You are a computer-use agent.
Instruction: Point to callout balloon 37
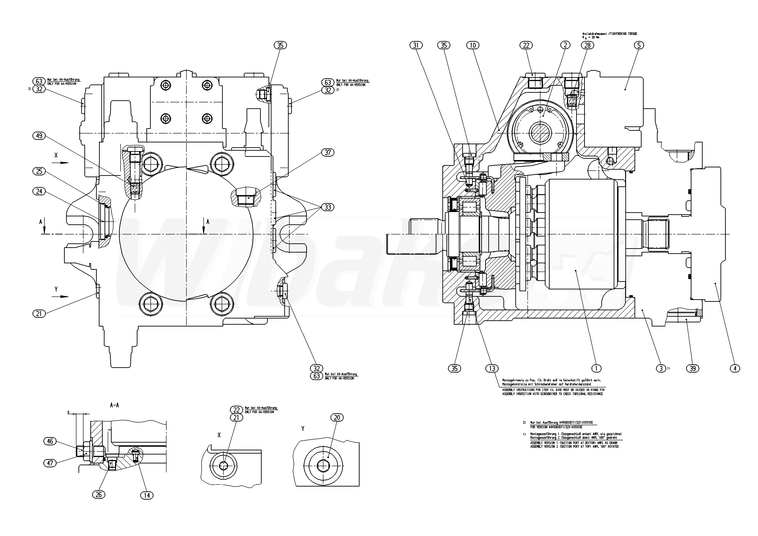tap(328, 152)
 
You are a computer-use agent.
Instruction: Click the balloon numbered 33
tap(328, 207)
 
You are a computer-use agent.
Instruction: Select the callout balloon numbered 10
tap(473, 45)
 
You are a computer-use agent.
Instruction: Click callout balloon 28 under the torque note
tap(587, 45)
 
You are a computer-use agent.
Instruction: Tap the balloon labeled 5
tap(638, 45)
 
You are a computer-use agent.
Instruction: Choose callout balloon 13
tap(492, 368)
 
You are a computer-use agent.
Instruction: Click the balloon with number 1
tap(596, 368)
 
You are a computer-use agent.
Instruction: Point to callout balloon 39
tap(693, 368)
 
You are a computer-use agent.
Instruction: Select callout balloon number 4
tap(735, 368)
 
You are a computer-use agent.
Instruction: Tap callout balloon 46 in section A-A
tap(50, 441)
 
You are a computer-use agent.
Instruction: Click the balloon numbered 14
tap(147, 495)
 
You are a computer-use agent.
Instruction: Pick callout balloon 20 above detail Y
tap(337, 418)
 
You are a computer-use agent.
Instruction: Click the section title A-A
tap(114, 405)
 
